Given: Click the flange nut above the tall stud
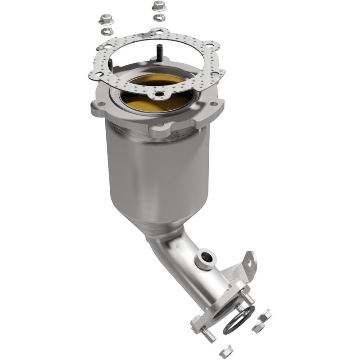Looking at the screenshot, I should (x=157, y=6).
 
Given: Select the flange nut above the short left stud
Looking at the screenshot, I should (x=104, y=20).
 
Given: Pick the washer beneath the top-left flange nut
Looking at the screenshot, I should (x=107, y=31).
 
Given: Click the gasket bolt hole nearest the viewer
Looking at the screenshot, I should (x=158, y=94).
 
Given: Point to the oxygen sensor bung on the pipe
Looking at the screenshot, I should (x=205, y=257).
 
